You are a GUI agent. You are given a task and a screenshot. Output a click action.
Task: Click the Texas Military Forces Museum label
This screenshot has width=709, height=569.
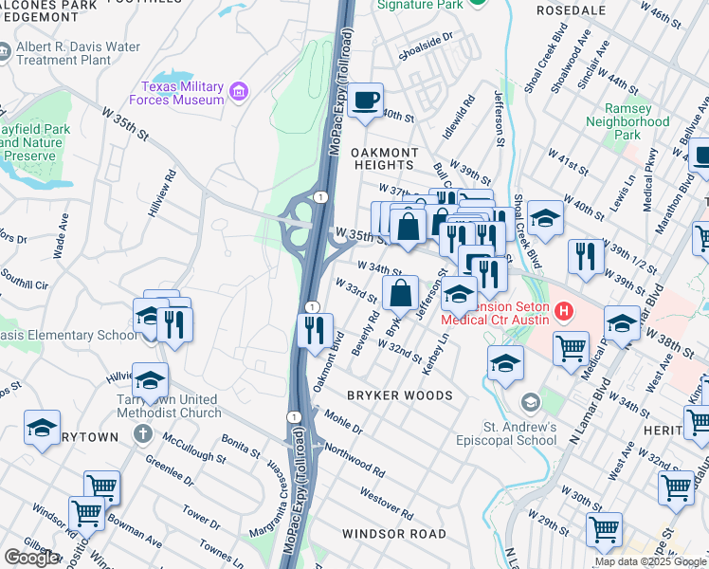[x=183, y=91]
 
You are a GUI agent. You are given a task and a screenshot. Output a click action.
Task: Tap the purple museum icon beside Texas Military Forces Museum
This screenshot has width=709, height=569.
[x=239, y=92]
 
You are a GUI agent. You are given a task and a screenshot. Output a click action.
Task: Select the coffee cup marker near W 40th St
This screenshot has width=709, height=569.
[x=366, y=101]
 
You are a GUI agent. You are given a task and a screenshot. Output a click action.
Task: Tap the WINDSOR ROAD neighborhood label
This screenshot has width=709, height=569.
[x=393, y=534]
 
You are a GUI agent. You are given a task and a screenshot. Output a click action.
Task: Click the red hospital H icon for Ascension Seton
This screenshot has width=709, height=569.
[x=564, y=310]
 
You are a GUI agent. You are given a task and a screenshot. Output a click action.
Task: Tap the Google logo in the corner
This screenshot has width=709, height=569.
[x=31, y=558]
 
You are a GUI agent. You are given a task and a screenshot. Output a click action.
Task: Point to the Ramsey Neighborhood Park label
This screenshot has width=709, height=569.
[x=627, y=121]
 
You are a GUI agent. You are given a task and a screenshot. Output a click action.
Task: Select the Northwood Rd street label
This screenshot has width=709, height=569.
[x=354, y=458]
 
